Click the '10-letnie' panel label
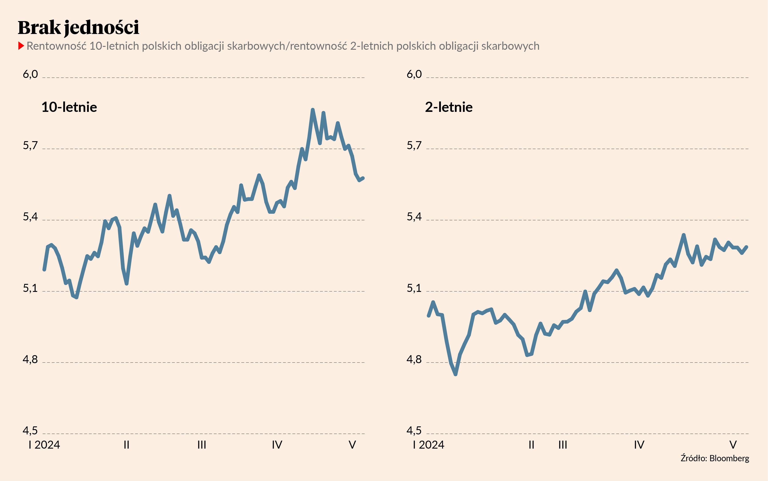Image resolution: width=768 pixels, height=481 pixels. click(x=69, y=107)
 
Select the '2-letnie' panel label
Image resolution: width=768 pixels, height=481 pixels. click(x=448, y=107)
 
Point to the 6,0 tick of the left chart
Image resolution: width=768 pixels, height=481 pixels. click(x=30, y=74)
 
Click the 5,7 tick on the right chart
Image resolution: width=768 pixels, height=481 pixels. click(x=414, y=146)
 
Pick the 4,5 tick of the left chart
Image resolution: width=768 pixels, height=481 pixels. click(x=30, y=431)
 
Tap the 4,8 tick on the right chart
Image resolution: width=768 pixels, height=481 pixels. click(x=414, y=360)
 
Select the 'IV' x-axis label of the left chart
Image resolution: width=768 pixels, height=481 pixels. click(x=277, y=445)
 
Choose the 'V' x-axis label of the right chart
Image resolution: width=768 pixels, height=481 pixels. click(x=733, y=445)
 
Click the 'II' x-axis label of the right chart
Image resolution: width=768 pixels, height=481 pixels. click(x=531, y=445)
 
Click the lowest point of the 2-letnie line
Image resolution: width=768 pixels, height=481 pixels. click(x=456, y=374)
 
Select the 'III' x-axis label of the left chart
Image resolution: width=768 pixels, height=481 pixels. click(x=202, y=445)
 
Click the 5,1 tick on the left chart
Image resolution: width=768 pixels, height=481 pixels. click(x=30, y=288)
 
